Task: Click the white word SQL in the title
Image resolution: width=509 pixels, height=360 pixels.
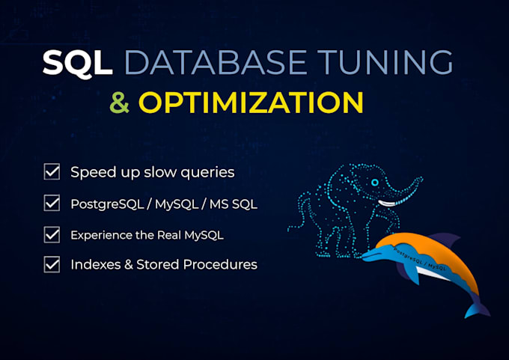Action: (x=78, y=64)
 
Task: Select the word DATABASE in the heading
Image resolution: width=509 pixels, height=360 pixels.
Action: (x=216, y=62)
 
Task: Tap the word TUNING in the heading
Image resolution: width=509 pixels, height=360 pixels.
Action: (x=385, y=62)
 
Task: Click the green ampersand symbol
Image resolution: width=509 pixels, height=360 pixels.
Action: (x=120, y=103)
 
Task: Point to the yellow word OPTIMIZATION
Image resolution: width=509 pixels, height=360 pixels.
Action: (x=251, y=103)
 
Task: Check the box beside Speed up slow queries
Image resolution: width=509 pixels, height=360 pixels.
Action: (x=52, y=171)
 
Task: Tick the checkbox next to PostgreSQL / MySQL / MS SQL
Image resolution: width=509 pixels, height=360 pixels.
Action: (x=52, y=203)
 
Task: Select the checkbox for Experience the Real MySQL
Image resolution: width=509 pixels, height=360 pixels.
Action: (x=52, y=235)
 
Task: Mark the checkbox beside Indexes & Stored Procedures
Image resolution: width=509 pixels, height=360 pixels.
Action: (x=52, y=264)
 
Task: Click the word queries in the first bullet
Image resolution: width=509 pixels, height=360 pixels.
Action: (x=207, y=173)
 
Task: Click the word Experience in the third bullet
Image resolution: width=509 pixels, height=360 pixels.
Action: (x=101, y=235)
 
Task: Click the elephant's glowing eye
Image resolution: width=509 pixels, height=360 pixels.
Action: (x=375, y=182)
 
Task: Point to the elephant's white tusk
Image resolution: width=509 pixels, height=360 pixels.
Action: (x=388, y=204)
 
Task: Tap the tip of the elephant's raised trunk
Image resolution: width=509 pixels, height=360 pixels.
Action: (x=421, y=178)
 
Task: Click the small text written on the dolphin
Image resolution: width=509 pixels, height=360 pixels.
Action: (x=420, y=259)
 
